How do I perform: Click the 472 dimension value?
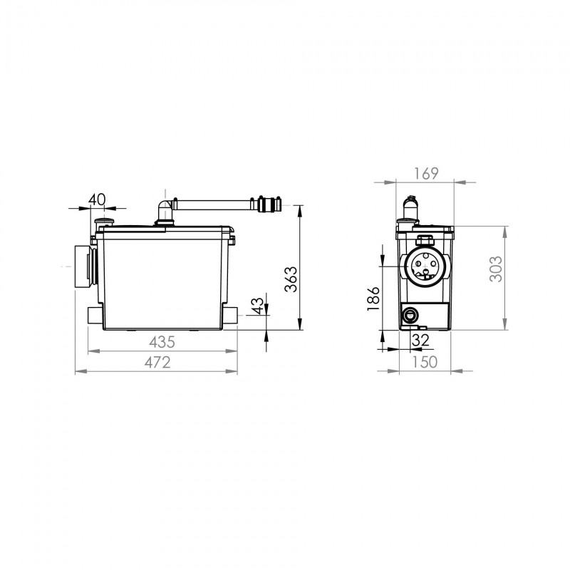(157, 363)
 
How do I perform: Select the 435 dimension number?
(162, 342)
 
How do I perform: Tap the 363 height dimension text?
(291, 279)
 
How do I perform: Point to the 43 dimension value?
(257, 306)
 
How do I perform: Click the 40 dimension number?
(97, 199)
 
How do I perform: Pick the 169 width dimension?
(426, 174)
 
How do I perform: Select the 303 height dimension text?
(496, 269)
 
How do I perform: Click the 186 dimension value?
(373, 299)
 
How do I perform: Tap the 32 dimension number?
(420, 341)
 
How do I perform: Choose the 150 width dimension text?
(425, 362)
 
